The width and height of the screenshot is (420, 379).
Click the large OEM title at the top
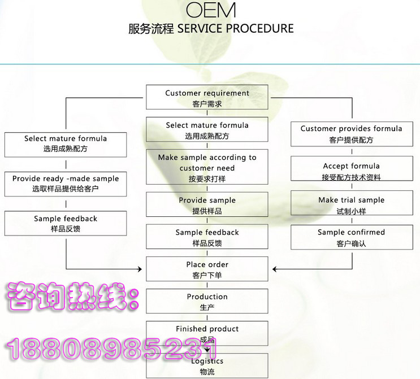210,10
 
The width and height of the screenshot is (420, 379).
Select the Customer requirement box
207,98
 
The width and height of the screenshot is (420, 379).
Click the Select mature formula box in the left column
66,143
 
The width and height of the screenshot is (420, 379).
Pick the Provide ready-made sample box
66,184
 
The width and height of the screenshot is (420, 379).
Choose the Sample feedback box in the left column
66,224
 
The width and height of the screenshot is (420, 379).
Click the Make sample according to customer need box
207,167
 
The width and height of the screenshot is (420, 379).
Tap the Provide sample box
207,205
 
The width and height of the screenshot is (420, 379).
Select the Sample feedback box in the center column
207,237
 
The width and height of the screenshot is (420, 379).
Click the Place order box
207,269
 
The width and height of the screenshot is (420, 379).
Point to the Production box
207,302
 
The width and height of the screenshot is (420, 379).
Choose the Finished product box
207,333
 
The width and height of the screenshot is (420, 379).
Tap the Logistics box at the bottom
207,365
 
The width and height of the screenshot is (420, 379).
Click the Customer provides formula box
351,134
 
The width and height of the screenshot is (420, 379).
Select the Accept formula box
351,171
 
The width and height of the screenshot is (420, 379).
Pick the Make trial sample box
351,205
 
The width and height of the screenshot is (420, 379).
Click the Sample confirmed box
351,237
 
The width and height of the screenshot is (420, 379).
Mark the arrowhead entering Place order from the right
273,268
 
